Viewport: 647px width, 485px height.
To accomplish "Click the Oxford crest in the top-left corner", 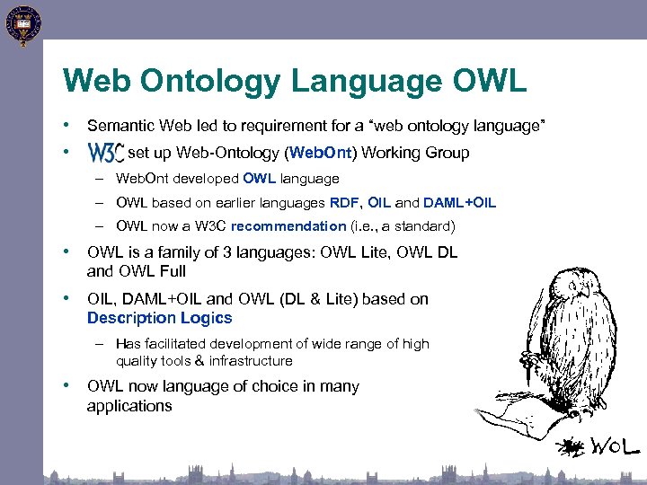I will point(22,24).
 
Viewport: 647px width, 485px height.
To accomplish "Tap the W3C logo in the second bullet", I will point(105,153).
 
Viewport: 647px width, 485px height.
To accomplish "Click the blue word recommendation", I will point(288,226).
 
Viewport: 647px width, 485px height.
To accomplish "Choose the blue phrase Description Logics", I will point(159,318).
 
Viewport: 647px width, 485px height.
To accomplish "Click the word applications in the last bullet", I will point(129,406).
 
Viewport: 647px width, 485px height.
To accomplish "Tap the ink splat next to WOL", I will point(568,446).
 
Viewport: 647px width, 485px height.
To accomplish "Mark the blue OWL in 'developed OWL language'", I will point(259,179).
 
